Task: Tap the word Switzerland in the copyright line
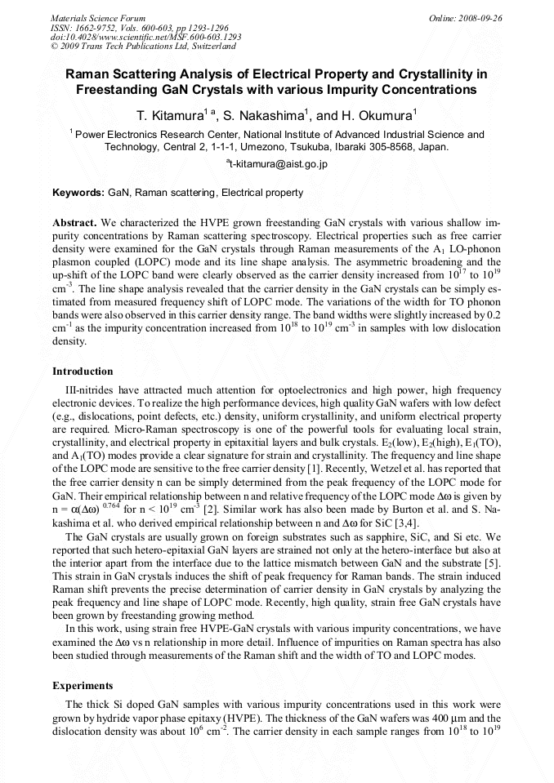208,47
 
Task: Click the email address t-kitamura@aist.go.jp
278,164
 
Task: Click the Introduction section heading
83,371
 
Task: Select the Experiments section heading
83,686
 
